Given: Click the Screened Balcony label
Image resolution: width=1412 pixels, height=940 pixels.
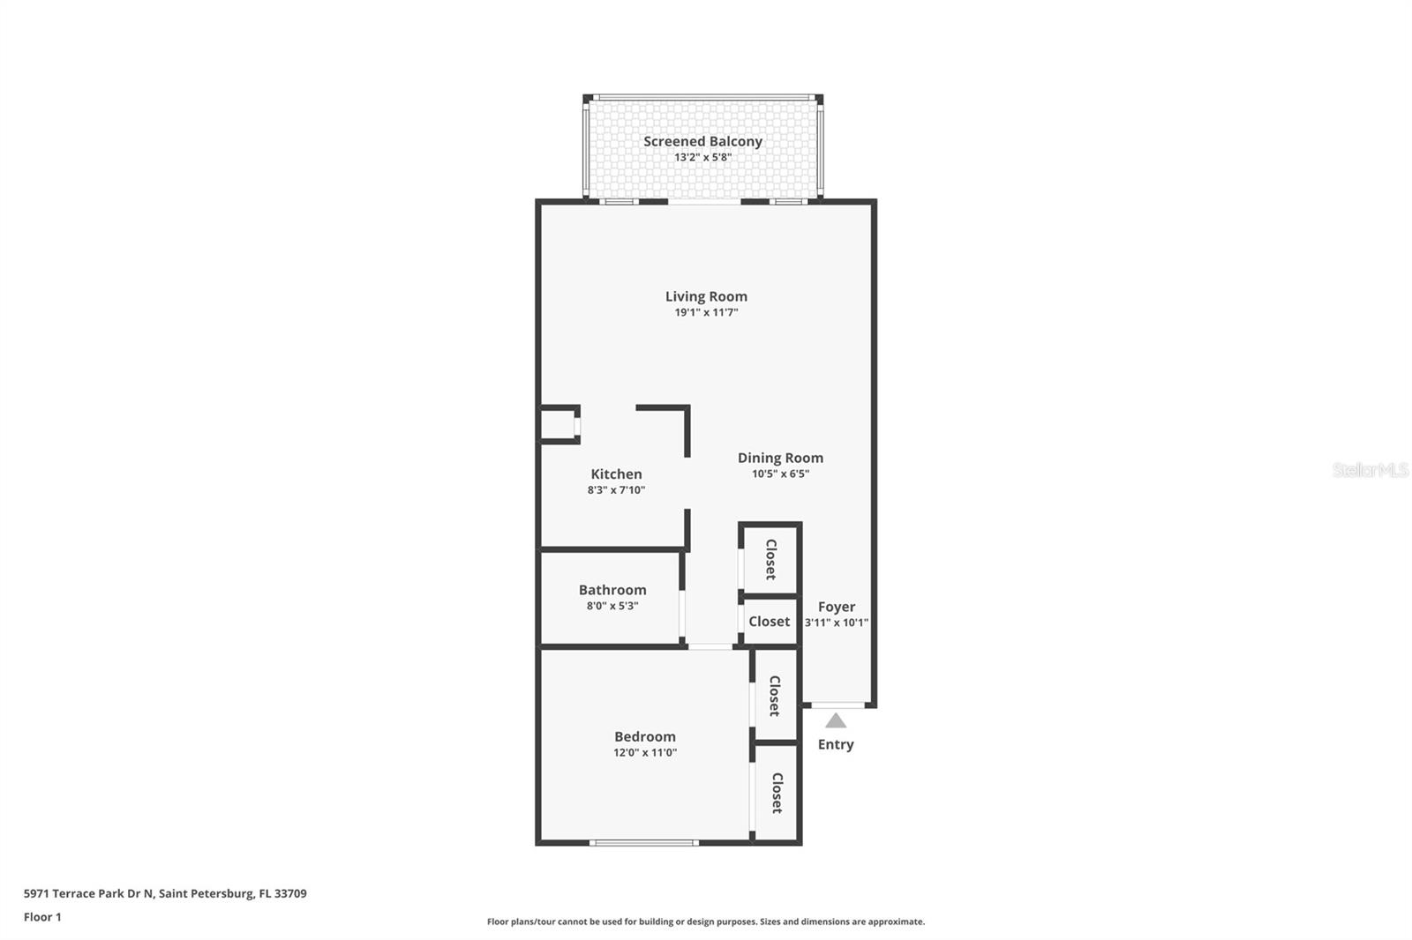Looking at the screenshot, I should pos(702,141).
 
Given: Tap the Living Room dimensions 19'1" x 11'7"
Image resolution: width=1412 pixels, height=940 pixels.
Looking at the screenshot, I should pos(706,312).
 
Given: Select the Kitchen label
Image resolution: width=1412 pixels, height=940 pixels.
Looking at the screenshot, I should pos(616,474).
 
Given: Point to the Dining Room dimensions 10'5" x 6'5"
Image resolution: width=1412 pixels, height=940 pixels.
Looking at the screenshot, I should pos(780,474).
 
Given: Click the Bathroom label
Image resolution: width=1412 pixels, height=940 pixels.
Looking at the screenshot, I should pos(612,590).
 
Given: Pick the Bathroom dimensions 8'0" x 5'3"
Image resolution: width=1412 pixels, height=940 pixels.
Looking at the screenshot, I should pos(612,606).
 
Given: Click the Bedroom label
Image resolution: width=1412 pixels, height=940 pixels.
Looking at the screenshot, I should pos(645,736).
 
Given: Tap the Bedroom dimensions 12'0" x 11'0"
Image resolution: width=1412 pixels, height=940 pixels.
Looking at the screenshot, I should pos(645,752).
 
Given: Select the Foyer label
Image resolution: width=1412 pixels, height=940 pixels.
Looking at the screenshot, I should pos(836,607).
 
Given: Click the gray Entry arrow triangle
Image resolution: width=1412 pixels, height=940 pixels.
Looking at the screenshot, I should pos(836,721).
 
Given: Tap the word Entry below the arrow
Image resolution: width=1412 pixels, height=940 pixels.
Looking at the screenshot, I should pos(836,744).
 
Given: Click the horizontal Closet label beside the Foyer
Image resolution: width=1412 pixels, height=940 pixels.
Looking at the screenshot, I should pos(769,622).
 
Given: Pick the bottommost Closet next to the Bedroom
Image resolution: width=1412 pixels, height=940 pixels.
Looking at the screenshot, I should pos(777,793).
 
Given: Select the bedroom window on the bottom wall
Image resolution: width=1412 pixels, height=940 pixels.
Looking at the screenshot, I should pos(644,843).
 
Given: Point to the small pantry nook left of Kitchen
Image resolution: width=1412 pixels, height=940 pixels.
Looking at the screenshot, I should pos(558,425).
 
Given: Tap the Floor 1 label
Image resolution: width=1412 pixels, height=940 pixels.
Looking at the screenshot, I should pos(42,917).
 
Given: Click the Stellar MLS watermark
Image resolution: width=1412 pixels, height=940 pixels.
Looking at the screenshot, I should pos(1370,470).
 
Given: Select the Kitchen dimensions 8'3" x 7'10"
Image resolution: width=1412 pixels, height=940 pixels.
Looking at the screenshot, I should pos(616,490).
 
